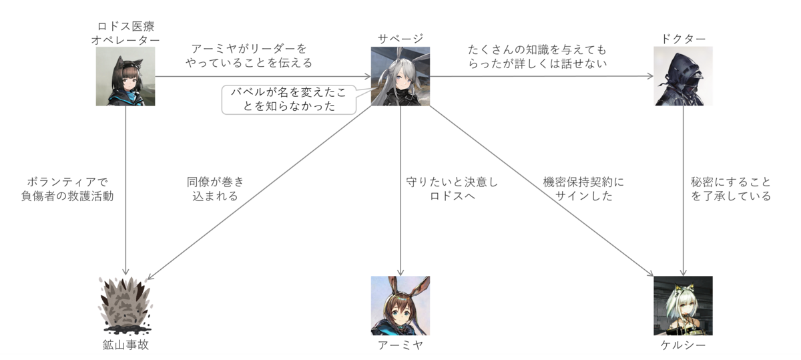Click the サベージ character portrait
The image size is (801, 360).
[400, 76]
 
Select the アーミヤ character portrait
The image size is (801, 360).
[400, 305]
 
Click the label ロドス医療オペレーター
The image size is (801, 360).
[126, 32]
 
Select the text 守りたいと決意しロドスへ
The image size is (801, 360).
[452, 188]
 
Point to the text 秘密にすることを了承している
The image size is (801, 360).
[731, 188]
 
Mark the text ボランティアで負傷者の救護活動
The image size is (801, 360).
[67, 188]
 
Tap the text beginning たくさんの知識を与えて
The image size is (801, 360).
[538, 56]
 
